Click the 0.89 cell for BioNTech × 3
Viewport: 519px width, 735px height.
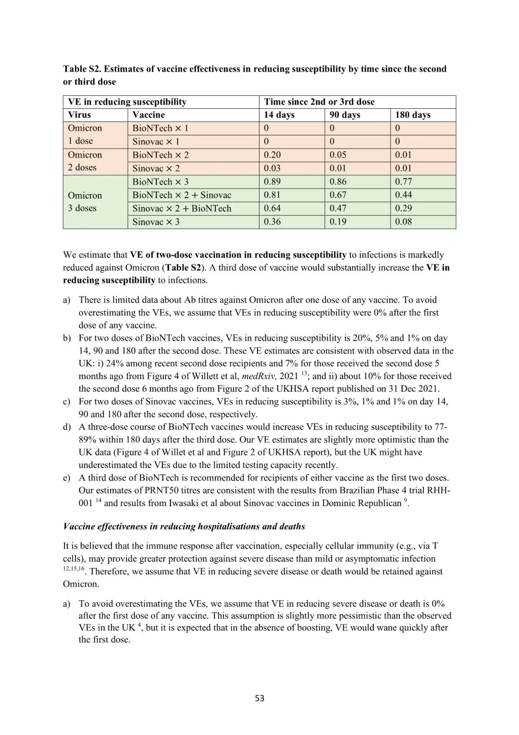tap(272, 182)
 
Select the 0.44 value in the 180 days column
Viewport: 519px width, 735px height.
tap(403, 195)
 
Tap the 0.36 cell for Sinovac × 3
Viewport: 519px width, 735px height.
tap(272, 222)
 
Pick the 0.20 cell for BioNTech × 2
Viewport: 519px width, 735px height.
tap(272, 155)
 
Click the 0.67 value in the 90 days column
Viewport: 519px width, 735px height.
tap(338, 195)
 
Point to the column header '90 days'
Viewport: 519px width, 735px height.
tap(345, 115)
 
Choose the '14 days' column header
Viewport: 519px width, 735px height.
tap(279, 115)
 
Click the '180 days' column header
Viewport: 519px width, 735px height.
tap(413, 115)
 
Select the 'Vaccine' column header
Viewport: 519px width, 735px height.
tap(148, 115)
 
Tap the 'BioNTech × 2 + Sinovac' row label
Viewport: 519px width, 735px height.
tap(182, 195)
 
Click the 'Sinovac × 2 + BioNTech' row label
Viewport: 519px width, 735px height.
tap(182, 208)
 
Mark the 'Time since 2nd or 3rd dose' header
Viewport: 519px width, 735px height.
tap(319, 102)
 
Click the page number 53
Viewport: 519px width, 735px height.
tap(259, 698)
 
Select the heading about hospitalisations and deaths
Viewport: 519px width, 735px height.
tap(184, 526)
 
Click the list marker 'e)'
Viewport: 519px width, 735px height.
tap(66, 478)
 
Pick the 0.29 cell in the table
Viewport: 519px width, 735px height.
tap(403, 208)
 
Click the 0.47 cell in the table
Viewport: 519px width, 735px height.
tap(338, 208)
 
